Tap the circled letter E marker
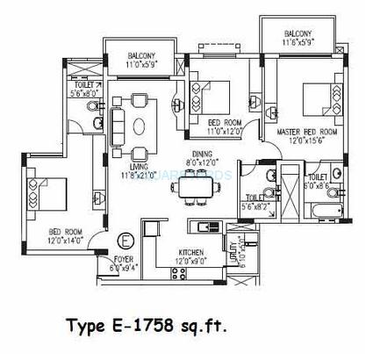[x=125, y=238]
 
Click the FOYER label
[x=123, y=260]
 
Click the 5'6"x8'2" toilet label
[x=255, y=203]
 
